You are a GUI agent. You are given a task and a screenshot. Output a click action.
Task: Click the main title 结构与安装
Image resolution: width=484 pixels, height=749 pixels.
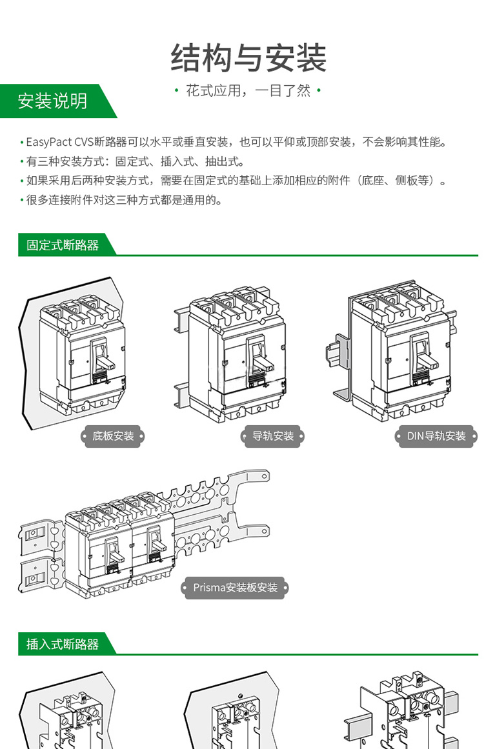point(248,59)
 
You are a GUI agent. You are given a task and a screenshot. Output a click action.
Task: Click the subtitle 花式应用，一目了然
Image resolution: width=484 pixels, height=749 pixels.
point(248,91)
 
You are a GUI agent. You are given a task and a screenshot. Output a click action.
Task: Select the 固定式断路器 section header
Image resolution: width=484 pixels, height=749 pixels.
point(63,245)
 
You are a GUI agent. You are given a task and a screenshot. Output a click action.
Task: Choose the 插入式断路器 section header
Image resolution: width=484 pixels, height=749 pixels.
point(63,644)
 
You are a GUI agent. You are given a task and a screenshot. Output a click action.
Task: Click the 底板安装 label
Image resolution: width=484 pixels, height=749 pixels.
point(113,436)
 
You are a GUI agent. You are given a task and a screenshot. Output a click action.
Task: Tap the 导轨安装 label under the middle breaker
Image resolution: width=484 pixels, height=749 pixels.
point(273,436)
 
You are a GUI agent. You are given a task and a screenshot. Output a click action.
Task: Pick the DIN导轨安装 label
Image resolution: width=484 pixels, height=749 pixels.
point(436,436)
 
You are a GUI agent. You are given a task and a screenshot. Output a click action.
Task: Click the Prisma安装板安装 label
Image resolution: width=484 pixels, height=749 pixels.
point(236,588)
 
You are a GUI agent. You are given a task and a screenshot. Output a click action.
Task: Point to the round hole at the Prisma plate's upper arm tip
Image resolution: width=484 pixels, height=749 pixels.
point(264,477)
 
